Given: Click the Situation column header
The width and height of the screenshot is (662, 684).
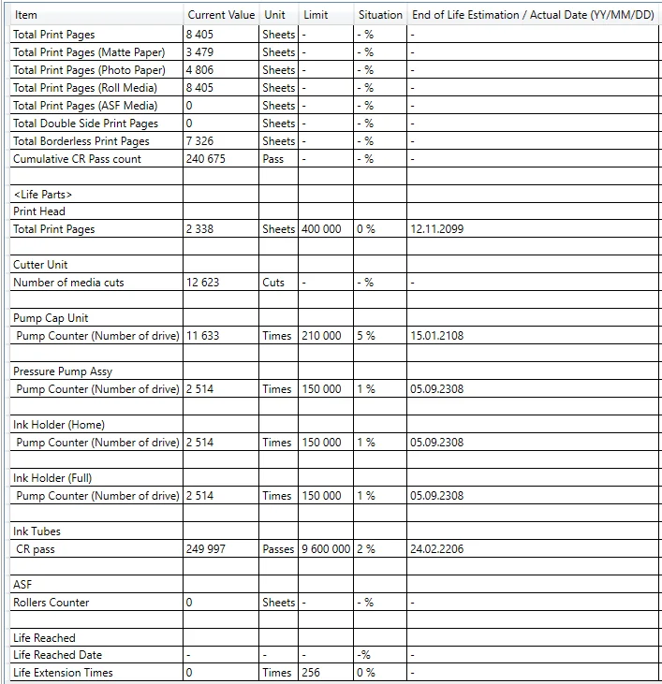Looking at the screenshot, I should coord(380,15).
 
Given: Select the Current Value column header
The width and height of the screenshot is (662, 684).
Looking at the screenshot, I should coord(221,15).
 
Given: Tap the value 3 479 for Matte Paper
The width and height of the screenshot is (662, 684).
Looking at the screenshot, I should coord(199,52).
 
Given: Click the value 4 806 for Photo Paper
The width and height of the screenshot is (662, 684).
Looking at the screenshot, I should coord(200,70).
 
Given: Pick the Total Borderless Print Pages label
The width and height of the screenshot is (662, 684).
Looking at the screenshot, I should coord(81,141).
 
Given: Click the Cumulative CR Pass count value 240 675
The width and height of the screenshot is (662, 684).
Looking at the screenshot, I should coord(206,159).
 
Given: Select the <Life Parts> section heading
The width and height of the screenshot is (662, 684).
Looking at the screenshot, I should coord(43,195).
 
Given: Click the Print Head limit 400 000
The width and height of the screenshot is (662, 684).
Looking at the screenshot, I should coord(320,229).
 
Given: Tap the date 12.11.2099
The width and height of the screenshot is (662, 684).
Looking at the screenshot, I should coord(436,229).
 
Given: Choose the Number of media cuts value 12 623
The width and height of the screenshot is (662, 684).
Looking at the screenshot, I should coord(203,283).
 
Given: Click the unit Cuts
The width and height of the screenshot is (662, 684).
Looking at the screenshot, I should coord(273,283).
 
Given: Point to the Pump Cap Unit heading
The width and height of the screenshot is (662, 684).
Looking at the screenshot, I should coord(51,318).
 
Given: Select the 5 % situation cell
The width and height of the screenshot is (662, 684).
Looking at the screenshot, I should coord(366,336).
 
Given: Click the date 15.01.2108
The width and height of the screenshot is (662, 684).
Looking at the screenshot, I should coord(436,336).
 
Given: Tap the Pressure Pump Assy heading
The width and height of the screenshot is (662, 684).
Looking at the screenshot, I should coord(63,371).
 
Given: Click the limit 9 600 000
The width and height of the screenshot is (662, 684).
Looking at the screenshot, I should coord(326,549).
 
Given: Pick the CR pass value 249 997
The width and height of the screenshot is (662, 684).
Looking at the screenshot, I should coord(206,549).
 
